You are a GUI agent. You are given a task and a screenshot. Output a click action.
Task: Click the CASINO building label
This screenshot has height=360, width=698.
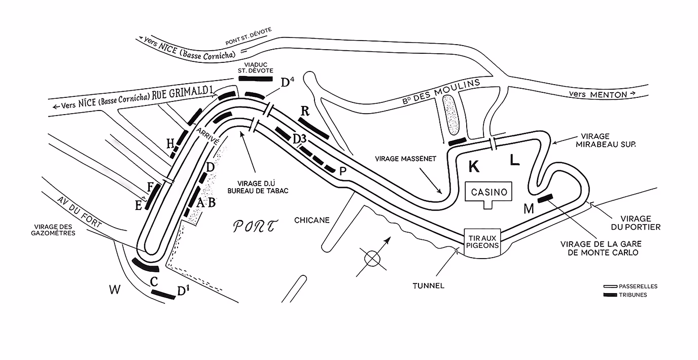coord(489,192)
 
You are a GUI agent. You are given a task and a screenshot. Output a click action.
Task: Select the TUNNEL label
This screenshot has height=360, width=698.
coord(429,285)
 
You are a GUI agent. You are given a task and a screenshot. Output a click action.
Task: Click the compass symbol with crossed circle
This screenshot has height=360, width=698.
coord(372,258)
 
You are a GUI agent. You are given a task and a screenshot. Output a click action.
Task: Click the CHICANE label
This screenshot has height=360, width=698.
coord(312,220)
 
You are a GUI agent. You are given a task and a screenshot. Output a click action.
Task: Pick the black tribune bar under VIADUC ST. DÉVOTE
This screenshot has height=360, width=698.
coord(259,79)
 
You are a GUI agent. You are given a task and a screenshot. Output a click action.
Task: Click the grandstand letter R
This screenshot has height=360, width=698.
coord(305,111)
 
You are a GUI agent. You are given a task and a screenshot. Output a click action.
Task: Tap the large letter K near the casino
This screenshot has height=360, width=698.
coord(474,165)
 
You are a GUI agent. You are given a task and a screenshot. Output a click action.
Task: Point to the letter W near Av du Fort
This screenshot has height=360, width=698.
coord(115,290)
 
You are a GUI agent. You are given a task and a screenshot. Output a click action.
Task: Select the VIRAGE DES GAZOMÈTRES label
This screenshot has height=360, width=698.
coord(55,230)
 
